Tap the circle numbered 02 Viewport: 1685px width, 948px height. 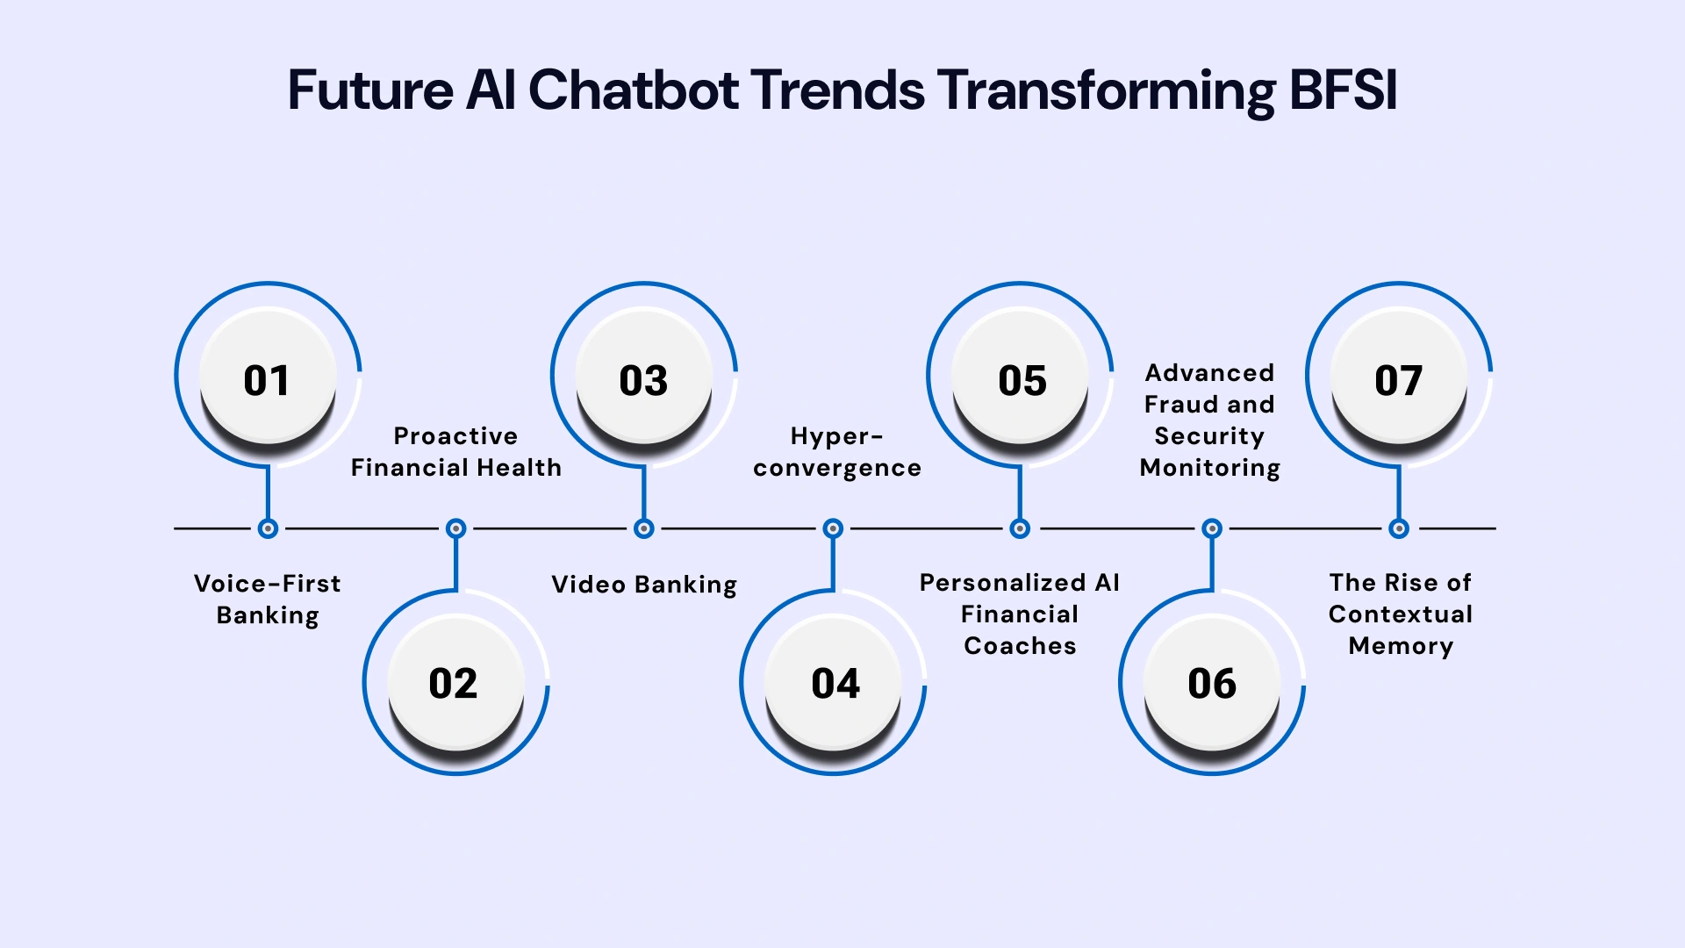pyautogui.click(x=455, y=682)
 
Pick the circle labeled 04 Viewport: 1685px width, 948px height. pyautogui.click(x=833, y=682)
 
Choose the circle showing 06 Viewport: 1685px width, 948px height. pyautogui.click(x=1211, y=682)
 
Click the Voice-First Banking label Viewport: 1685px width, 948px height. pyautogui.click(x=268, y=600)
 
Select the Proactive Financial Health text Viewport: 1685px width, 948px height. pyautogui.click(x=455, y=452)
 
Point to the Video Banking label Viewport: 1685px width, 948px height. pyautogui.click(x=643, y=585)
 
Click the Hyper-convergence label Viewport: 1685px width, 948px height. pyautogui.click(x=836, y=452)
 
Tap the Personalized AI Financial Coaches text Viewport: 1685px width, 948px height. pyautogui.click(x=1020, y=614)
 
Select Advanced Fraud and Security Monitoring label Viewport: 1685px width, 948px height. pyautogui.click(x=1209, y=420)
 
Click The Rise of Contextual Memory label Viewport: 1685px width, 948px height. pyautogui.click(x=1400, y=614)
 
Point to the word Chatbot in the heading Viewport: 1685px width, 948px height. pyautogui.click(x=633, y=90)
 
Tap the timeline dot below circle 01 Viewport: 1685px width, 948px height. pyautogui.click(x=268, y=528)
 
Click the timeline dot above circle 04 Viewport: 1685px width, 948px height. pyautogui.click(x=833, y=528)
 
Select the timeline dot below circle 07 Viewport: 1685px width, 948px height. pyautogui.click(x=1399, y=528)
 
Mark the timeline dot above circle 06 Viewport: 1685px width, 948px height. pyautogui.click(x=1211, y=528)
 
